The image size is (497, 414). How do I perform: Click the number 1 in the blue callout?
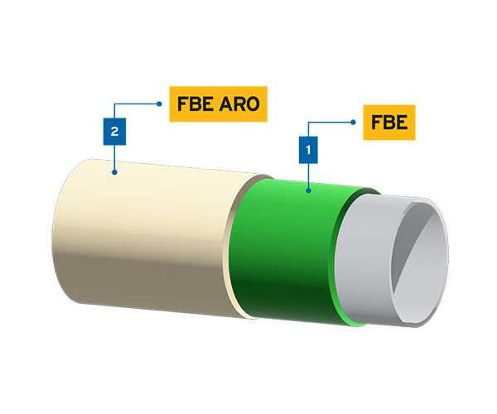tap(308, 151)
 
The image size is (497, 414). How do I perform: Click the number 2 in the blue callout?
tap(114, 132)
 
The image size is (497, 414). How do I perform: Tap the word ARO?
tap(238, 104)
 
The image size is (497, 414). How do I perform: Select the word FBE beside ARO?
tap(195, 104)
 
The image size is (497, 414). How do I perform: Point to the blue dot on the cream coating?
tap(114, 172)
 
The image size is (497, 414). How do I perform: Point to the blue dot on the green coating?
tap(308, 190)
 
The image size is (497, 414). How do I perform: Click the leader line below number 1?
tap(308, 178)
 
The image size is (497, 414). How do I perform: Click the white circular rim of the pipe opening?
tap(443, 248)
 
